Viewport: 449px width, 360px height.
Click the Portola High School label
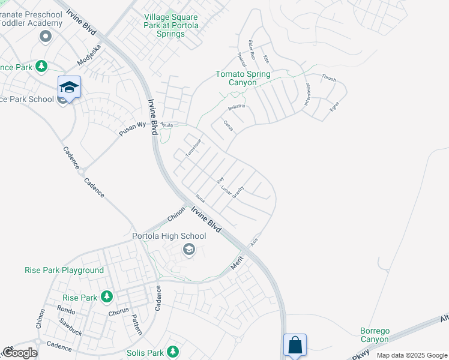[169, 236]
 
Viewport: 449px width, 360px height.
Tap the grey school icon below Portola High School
[189, 250]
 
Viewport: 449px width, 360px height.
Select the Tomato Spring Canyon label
[243, 79]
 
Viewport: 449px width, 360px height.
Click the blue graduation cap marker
[69, 88]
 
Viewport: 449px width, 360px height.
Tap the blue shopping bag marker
[295, 345]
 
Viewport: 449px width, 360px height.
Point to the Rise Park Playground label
[64, 271]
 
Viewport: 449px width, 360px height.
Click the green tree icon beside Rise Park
[107, 297]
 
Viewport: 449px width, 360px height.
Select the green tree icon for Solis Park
[173, 350]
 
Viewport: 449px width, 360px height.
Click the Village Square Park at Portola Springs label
[170, 26]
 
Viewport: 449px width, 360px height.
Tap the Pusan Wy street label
[132, 129]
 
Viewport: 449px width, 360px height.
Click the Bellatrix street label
[237, 107]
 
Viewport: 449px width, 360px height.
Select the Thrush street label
[328, 78]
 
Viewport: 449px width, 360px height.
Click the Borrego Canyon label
[375, 335]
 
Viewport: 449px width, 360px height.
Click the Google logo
[19, 352]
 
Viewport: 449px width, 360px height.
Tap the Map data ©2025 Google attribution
[412, 355]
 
